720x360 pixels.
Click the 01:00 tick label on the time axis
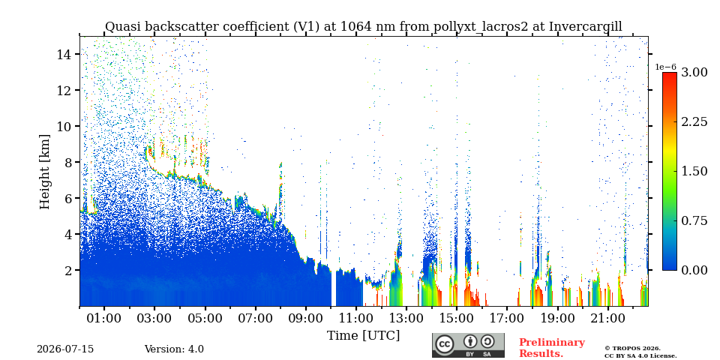coord(104,318)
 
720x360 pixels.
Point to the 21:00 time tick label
coord(608,318)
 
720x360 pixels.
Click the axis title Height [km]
coord(44,172)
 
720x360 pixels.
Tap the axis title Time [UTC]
coord(363,336)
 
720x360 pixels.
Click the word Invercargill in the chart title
coord(586,27)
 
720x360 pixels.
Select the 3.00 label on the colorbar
coord(694,72)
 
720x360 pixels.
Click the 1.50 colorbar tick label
coord(694,171)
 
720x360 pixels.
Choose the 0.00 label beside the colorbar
coord(694,270)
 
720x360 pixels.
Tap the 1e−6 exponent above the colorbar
coord(665,67)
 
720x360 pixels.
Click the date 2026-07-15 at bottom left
coord(65,349)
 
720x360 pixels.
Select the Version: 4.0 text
coord(174,349)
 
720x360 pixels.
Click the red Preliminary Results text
coord(552,348)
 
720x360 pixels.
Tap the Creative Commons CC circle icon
coord(445,344)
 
